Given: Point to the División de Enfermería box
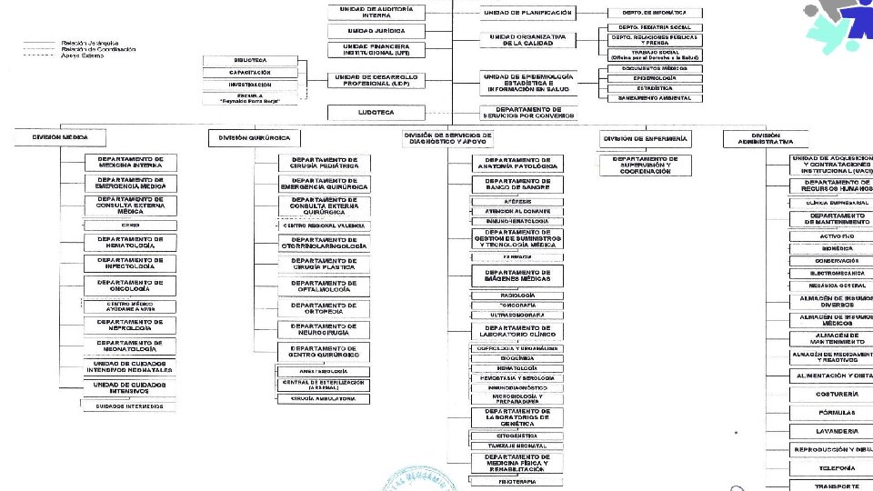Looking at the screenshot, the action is point(645,138).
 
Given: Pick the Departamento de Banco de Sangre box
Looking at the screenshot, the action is point(517,185).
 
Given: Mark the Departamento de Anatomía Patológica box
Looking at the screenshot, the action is point(517,164).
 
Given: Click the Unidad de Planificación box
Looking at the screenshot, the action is point(527,13).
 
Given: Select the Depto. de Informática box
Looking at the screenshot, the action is point(654,13).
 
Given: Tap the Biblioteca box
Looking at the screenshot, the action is point(249,60).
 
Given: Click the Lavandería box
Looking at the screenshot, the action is point(831,431).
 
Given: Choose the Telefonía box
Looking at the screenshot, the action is point(831,467).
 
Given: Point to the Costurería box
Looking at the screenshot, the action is point(831,395).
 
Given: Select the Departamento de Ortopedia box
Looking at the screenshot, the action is point(324,307).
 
